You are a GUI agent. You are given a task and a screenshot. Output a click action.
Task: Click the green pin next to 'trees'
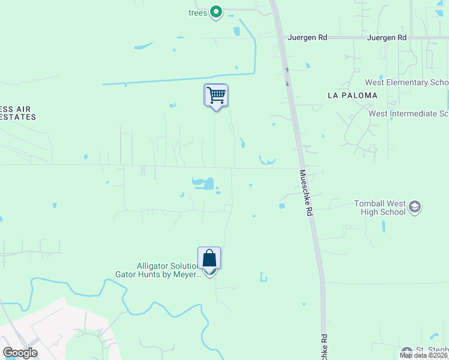point(216,12)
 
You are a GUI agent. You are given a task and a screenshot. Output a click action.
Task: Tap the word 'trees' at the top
point(197,13)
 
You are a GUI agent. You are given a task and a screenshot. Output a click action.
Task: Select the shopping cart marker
point(215,95)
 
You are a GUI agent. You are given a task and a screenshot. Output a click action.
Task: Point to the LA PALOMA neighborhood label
point(352,95)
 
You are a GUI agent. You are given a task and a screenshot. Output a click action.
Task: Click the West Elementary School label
point(406,82)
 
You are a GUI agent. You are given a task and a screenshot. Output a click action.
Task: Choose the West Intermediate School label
point(408,113)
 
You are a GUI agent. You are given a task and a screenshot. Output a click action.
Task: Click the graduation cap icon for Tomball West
point(414,208)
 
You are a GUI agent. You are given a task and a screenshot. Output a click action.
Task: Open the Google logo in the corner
point(20,352)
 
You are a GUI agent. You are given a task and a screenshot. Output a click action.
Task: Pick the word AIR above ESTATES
point(23,109)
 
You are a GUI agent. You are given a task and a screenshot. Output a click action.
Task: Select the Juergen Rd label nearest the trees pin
point(307,37)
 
